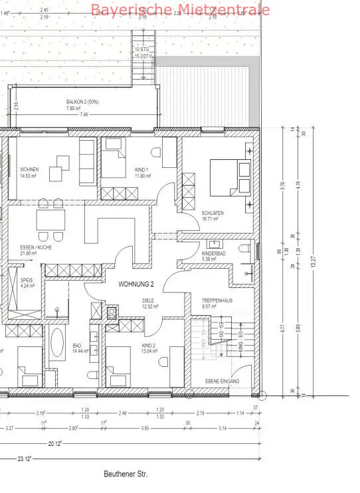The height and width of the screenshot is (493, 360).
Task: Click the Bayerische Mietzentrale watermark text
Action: coord(180,9)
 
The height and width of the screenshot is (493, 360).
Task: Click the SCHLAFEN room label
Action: coord(213,212)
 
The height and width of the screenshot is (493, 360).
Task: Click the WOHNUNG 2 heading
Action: coord(136,283)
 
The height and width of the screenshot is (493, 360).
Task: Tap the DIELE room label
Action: coord(148,301)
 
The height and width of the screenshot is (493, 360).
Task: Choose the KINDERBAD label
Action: coord(214,253)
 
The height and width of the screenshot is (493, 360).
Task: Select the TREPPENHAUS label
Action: coord(216,301)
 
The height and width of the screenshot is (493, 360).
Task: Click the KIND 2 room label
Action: coord(149,346)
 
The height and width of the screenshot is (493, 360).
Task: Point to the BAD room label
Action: coord(77,346)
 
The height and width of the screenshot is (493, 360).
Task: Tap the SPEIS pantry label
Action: coord(27,281)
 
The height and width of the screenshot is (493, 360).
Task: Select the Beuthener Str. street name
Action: coord(126,474)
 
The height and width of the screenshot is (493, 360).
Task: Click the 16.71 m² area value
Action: coord(211,218)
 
